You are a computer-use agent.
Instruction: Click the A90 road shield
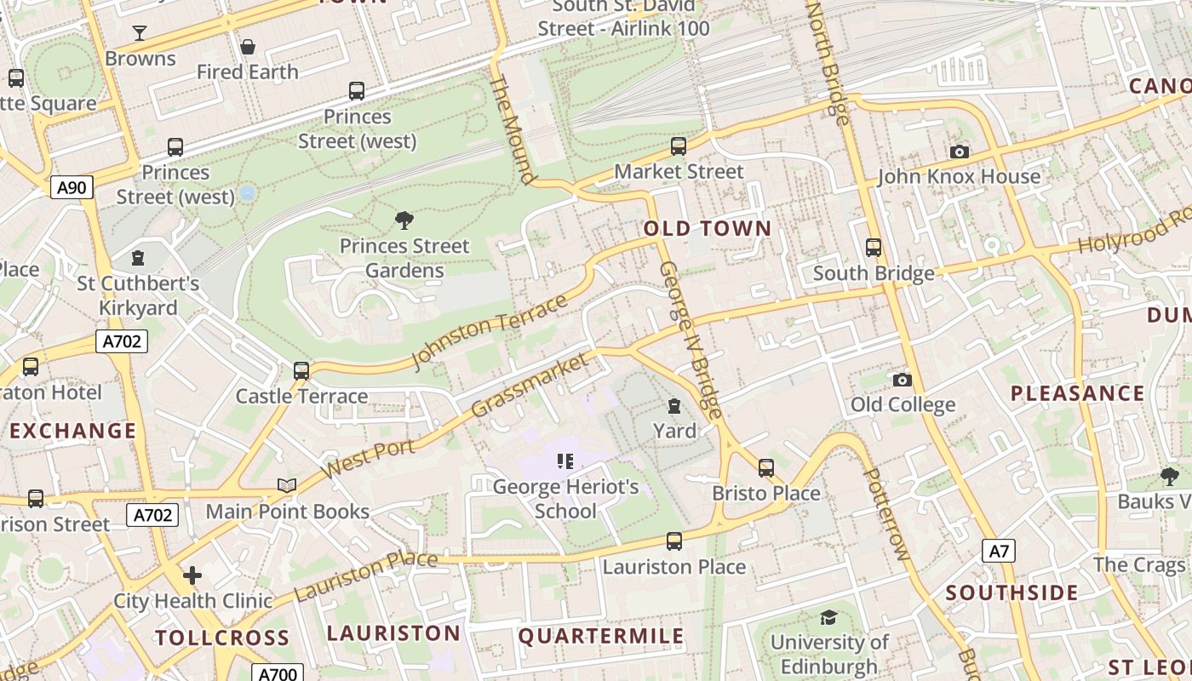point(72,187)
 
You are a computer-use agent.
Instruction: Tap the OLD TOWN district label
point(707,228)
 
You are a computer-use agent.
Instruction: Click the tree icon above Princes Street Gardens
point(404,220)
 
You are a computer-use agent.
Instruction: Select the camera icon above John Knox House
point(960,152)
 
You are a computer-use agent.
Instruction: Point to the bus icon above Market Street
point(679,146)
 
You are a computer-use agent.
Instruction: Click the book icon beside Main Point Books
point(287,486)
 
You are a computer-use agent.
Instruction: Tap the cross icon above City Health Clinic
point(192,575)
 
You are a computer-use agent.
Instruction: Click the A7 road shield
point(999,551)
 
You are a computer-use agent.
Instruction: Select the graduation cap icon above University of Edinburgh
point(828,617)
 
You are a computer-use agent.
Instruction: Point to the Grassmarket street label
point(529,386)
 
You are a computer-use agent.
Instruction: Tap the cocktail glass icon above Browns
point(140,33)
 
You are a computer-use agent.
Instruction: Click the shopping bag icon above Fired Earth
point(248,46)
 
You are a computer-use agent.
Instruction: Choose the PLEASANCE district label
point(1077,393)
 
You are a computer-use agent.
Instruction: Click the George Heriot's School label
point(565,499)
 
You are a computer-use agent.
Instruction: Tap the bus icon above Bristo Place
point(766,468)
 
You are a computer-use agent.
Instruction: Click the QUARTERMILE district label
point(601,636)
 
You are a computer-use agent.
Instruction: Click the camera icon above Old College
point(903,380)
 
